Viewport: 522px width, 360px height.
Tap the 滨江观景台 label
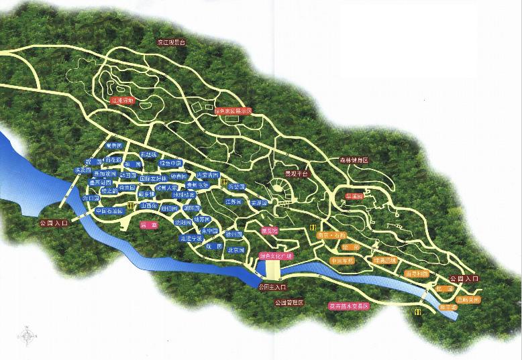171,42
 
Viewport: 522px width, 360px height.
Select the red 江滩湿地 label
122,101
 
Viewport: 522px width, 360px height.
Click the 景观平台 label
296,173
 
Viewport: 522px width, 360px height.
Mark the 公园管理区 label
289,303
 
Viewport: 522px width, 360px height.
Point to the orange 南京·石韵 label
334,235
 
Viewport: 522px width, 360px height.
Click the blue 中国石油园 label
109,211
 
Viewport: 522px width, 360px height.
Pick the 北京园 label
236,250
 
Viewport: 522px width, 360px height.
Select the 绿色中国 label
170,163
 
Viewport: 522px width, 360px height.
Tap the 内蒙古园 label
207,175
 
